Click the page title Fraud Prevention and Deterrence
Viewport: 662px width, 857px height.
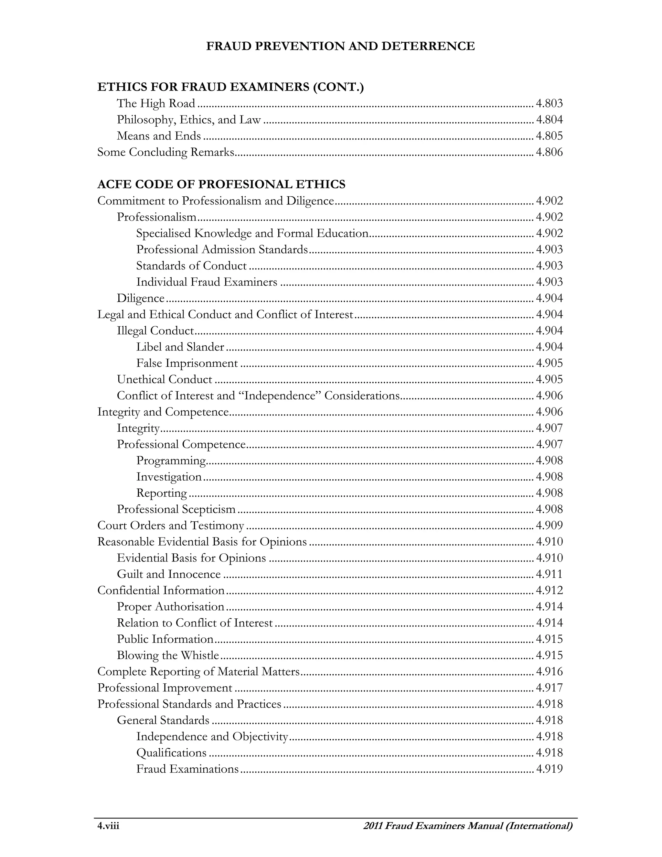pos(340,46)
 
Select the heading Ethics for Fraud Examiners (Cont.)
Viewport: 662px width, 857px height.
pos(230,87)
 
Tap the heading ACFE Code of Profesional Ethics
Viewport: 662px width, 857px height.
pos(221,184)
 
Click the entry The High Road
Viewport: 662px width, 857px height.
pos(156,103)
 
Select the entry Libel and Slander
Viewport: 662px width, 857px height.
pos(180,347)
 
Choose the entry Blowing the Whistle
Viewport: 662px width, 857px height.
pos(168,655)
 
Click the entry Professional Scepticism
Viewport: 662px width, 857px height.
pos(176,509)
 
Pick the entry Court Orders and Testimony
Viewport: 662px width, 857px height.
pos(171,526)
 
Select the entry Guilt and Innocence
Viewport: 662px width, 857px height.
pos(169,574)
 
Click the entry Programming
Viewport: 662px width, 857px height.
pos(171,461)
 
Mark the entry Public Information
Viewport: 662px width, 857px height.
pos(165,639)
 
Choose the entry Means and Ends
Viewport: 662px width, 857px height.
pos(159,136)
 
